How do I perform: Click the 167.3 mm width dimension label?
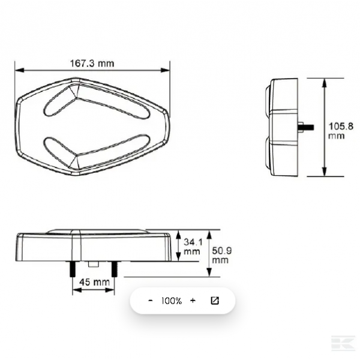(92, 64)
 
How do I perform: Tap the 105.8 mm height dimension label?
(341, 131)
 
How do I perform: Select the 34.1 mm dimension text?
(193, 247)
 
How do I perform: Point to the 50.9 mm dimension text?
(221, 255)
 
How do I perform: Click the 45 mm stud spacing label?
(94, 282)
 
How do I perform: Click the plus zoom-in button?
(193, 301)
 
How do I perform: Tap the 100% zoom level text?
(172, 301)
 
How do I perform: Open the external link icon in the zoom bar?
(215, 301)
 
